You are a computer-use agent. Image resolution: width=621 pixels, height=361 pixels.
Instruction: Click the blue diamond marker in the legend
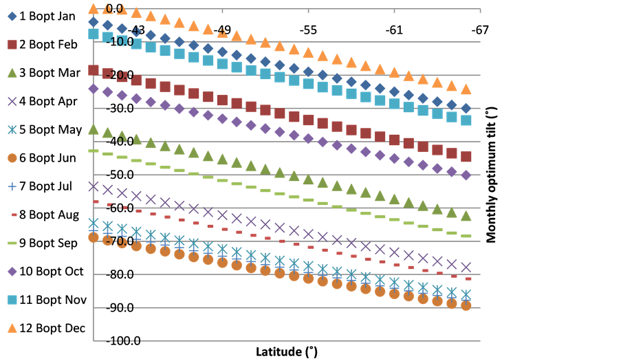pos(12,16)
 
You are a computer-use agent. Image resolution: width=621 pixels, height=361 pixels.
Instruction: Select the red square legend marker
pos(12,44)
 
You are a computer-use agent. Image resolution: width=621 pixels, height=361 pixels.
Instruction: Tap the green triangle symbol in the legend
pos(12,72)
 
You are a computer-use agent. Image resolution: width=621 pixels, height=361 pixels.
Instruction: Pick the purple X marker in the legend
pos(12,101)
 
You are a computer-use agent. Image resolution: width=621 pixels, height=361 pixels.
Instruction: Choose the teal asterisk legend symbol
pos(12,129)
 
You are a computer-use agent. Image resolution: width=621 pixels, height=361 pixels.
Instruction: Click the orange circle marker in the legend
pos(12,157)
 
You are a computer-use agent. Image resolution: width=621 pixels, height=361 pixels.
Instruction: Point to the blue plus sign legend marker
pos(12,186)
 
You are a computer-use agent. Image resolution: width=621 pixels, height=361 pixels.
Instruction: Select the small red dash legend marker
pos(12,215)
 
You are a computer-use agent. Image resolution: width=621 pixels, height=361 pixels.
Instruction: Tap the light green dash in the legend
pos(12,243)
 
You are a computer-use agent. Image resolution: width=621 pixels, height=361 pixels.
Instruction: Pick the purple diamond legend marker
pos(12,271)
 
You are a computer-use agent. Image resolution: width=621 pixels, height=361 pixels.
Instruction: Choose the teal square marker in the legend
pos(12,300)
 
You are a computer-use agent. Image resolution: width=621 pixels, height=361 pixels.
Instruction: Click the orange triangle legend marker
pos(12,328)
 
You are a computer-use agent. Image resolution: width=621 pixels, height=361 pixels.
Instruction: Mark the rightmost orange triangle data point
pos(466,89)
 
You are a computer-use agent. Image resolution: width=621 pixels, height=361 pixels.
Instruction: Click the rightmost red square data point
pos(466,156)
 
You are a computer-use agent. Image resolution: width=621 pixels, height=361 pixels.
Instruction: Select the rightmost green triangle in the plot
pos(466,215)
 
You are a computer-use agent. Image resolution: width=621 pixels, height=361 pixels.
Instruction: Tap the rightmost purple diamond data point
pos(466,175)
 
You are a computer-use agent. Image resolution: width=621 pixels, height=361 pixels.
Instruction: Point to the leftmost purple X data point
pos(94,186)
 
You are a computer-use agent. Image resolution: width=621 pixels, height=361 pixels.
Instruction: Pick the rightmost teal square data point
pos(466,120)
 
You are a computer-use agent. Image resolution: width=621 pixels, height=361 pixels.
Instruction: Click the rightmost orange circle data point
pos(466,305)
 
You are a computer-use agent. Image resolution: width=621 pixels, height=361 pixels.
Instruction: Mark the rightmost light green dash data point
pos(466,236)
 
